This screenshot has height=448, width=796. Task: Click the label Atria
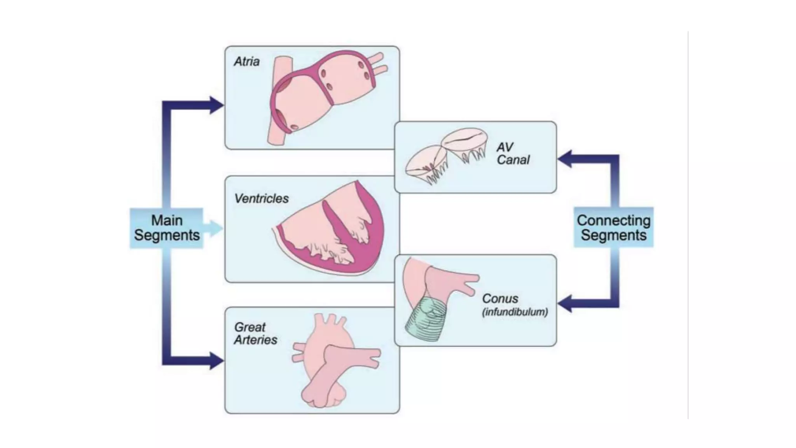(x=246, y=62)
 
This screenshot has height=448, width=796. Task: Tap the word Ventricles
(x=261, y=199)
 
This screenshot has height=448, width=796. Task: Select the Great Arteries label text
(x=255, y=333)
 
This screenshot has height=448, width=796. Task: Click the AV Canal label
(x=512, y=153)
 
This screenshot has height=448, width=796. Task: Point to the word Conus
(x=500, y=299)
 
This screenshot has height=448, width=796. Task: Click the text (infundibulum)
(x=515, y=312)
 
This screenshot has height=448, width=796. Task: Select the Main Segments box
(x=166, y=228)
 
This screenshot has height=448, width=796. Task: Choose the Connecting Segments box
(x=613, y=227)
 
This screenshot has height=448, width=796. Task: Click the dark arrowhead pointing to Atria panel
(x=216, y=105)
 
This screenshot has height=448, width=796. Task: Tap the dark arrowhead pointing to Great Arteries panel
(x=216, y=360)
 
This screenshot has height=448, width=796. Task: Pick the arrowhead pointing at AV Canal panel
(x=565, y=159)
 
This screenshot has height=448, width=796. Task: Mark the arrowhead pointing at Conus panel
(x=565, y=303)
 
